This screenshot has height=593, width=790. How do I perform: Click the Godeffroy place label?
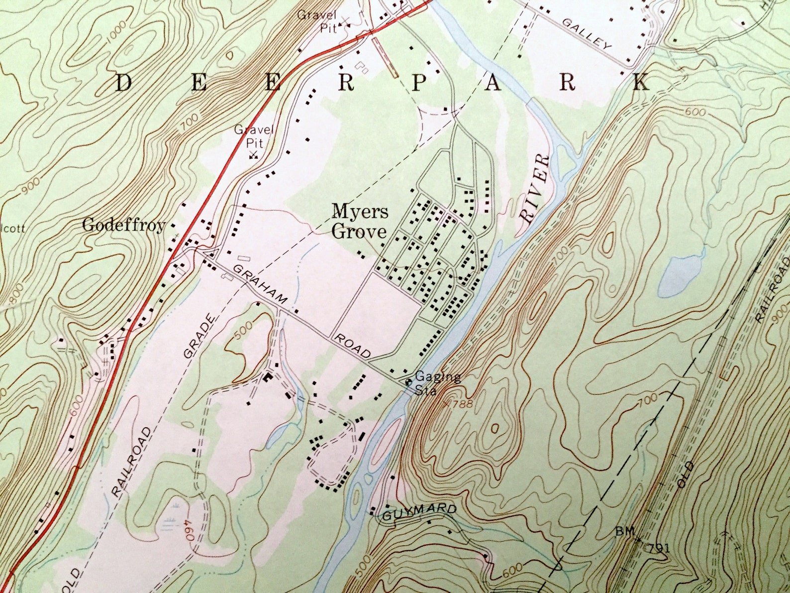[x=123, y=226]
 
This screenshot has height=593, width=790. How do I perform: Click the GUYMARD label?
[x=420, y=512]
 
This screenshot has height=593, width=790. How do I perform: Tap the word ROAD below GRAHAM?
[x=352, y=346]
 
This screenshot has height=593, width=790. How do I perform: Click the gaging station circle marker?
[x=408, y=382]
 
